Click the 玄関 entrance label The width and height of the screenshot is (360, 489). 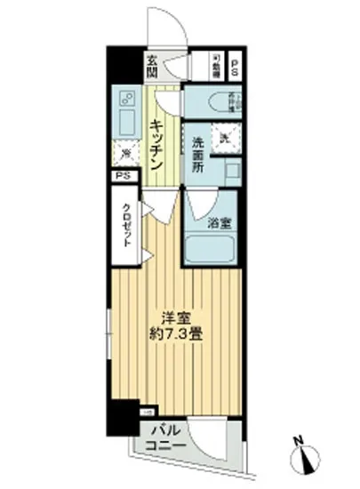pos(152,66)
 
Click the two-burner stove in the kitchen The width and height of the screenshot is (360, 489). pos(125,97)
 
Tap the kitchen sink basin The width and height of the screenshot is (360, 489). pos(124,120)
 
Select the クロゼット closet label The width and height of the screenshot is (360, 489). pos(126,228)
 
